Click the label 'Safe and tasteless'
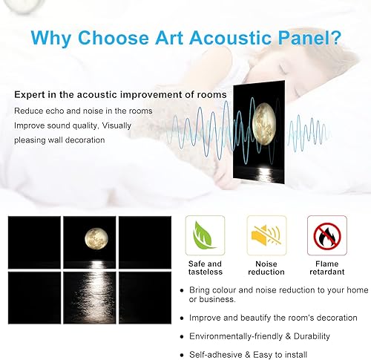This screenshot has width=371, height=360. [204, 267]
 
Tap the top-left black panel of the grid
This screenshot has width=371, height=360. [32, 242]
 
